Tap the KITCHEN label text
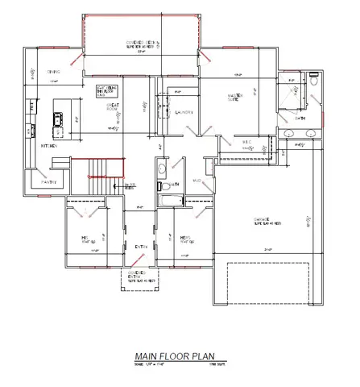(x=49, y=145)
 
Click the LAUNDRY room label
(x=184, y=113)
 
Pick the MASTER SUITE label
(x=236, y=98)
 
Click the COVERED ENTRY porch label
(x=142, y=277)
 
